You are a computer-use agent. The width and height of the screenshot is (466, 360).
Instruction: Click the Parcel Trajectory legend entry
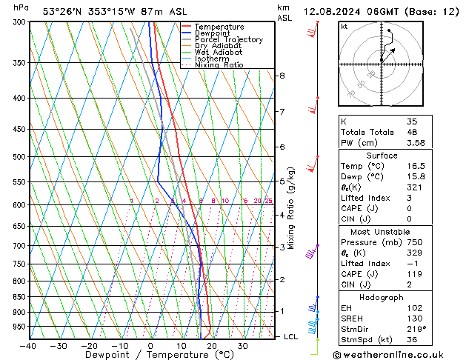point(228,39)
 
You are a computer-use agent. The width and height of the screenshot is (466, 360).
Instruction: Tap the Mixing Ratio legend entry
point(219,65)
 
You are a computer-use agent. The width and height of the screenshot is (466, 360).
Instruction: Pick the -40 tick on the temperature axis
point(29,346)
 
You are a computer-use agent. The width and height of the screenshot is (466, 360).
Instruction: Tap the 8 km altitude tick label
point(282,76)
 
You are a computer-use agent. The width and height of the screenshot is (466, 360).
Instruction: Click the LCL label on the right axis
point(292,336)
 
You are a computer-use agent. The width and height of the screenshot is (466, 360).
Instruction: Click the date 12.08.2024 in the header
point(328,11)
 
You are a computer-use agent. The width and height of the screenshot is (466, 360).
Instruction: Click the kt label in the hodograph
point(344,26)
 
